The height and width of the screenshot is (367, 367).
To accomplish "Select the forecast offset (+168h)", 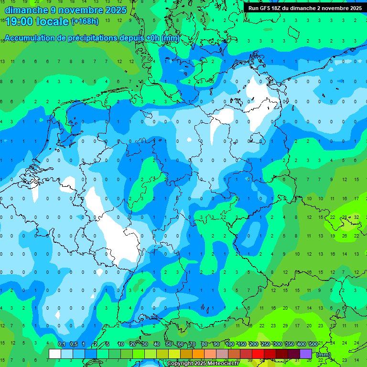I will click(x=85, y=22).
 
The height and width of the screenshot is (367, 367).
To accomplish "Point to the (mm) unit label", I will click(x=324, y=355).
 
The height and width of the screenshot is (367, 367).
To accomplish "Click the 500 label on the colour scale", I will click(x=313, y=345).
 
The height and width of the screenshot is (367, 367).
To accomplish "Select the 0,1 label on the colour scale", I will click(x=61, y=345).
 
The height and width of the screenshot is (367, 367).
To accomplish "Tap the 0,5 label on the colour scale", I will click(x=73, y=345).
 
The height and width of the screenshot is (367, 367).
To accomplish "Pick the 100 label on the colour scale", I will click(x=229, y=345).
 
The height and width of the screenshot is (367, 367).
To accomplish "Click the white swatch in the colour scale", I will click(x=55, y=354).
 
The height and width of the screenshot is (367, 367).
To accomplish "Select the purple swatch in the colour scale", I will click(x=306, y=354).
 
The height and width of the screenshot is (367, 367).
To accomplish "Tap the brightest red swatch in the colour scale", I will click(x=258, y=354).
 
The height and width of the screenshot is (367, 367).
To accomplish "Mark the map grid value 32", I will click(x=356, y=217).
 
